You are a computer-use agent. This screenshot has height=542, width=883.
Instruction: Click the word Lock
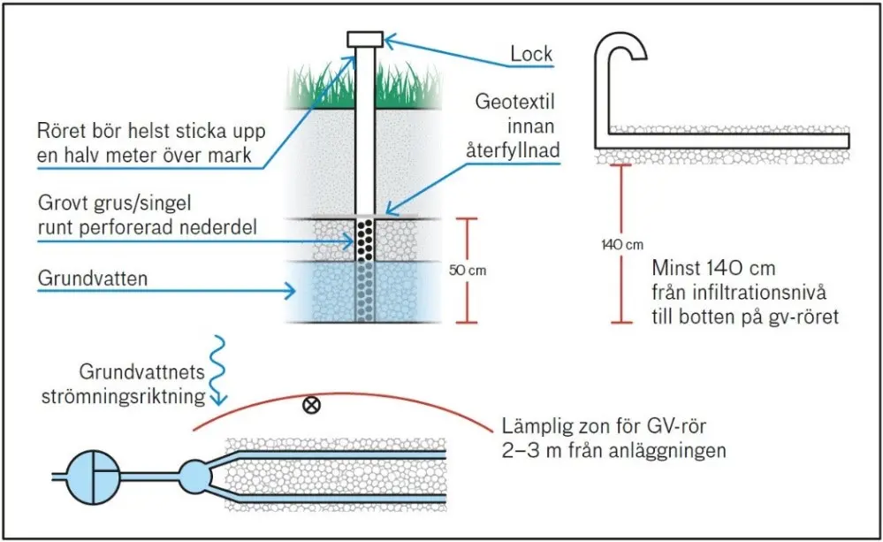[531, 54]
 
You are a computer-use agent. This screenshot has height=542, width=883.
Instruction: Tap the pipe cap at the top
[365, 39]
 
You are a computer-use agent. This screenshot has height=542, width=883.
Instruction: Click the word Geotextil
[514, 102]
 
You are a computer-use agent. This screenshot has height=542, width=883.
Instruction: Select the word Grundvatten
[93, 279]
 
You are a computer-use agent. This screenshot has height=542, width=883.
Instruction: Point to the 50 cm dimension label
[468, 271]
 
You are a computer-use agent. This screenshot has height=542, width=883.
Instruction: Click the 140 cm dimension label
[621, 245]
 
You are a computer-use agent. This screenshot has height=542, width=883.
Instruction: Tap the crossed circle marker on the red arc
[311, 405]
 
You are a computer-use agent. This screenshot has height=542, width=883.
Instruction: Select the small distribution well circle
[194, 477]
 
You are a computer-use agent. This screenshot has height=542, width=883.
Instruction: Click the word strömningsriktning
[124, 397]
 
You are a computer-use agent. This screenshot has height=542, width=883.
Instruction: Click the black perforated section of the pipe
[365, 240]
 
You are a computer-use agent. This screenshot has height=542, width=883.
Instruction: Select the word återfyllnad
[513, 149]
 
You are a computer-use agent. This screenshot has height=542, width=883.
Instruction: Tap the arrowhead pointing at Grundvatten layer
[289, 291]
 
